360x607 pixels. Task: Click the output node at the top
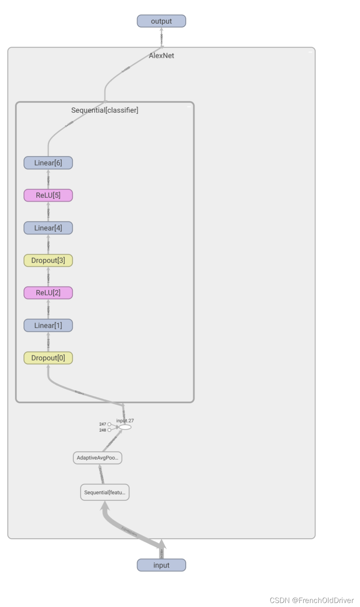pos(161,21)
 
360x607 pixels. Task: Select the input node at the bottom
pos(161,565)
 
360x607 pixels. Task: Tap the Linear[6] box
pos(48,163)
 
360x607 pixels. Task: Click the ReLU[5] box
pos(48,195)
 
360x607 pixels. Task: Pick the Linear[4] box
pos(48,228)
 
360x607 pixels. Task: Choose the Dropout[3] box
pos(48,261)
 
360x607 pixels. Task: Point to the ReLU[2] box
pos(48,293)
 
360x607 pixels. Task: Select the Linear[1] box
pos(48,325)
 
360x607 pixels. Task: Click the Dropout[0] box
pos(48,358)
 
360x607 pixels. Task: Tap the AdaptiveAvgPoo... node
pos(97,458)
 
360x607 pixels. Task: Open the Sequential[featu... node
pos(105,492)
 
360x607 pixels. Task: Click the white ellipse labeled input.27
pos(125,427)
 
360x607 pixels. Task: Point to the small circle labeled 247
pos(109,424)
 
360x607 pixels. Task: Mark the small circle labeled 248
pos(109,430)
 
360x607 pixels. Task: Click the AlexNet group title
pos(161,56)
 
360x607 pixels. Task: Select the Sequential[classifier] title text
pos(105,110)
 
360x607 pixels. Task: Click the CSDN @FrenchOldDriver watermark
pos(312,600)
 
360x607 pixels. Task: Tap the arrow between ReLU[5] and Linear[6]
pos(48,179)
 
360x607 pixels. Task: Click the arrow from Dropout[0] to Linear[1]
pos(48,342)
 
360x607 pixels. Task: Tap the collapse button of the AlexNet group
pos(310,52)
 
